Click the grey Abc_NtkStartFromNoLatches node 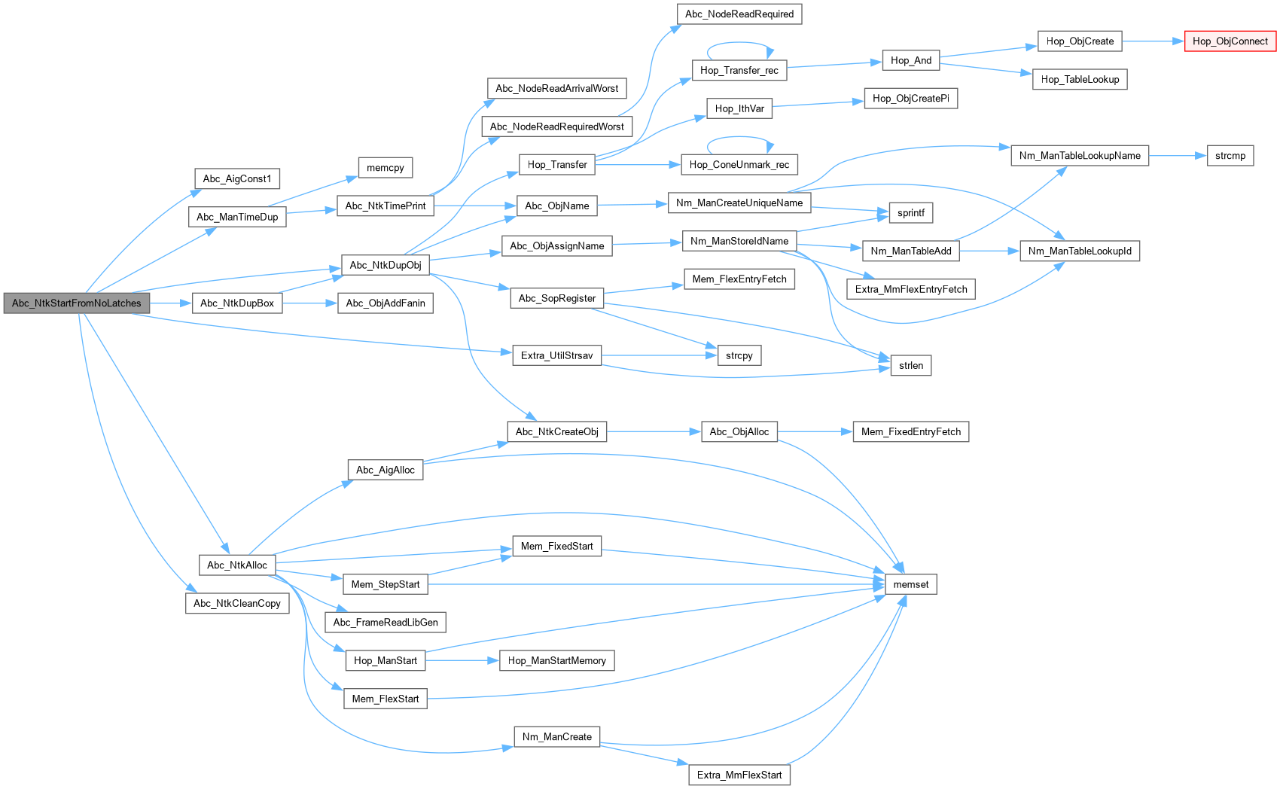pos(76,303)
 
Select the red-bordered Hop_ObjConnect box pos(1230,41)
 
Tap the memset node pos(910,584)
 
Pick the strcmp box pos(1230,156)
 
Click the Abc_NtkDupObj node pos(385,265)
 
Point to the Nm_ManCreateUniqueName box pos(739,203)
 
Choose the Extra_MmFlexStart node pos(739,775)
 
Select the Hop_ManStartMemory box pos(556,660)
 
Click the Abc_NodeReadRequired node pos(739,14)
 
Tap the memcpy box pos(385,168)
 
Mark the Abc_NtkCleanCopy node pos(236,603)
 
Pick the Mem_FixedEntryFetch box pos(910,431)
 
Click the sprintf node pos(910,213)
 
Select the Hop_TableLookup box pos(1079,79)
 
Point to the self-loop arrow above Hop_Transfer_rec pos(739,43)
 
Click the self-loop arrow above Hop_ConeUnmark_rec pos(739,137)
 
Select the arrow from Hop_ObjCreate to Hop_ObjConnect pos(1153,41)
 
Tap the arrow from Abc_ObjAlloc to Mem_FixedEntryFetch pos(814,431)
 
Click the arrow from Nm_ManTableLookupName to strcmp pos(1178,156)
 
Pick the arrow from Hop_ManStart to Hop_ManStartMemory pos(462,660)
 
